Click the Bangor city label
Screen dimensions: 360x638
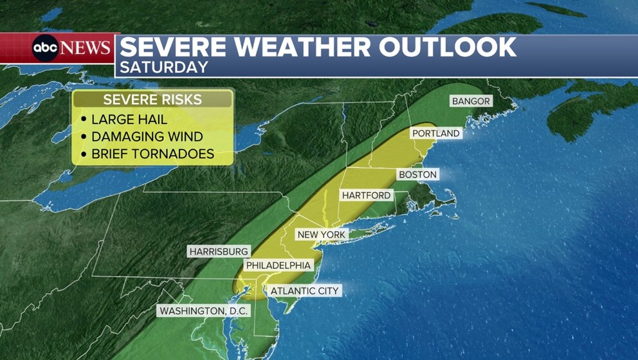[471, 102]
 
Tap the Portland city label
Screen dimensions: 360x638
[436, 134]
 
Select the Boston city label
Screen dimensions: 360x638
[417, 175]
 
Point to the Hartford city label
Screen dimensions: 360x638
[366, 195]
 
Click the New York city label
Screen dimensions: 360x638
[322, 235]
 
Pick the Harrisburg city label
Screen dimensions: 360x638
[218, 251]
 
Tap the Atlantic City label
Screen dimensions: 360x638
[304, 291]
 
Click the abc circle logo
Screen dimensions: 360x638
[46, 48]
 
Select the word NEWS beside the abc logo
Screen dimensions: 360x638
[86, 48]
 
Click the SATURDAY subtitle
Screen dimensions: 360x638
[164, 67]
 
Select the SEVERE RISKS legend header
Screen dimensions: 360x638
[152, 100]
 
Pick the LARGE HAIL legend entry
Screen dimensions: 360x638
[129, 119]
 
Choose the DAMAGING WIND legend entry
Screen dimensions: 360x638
[147, 137]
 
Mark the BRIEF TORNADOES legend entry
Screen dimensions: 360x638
[152, 154]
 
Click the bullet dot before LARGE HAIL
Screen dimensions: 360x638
[84, 120]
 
